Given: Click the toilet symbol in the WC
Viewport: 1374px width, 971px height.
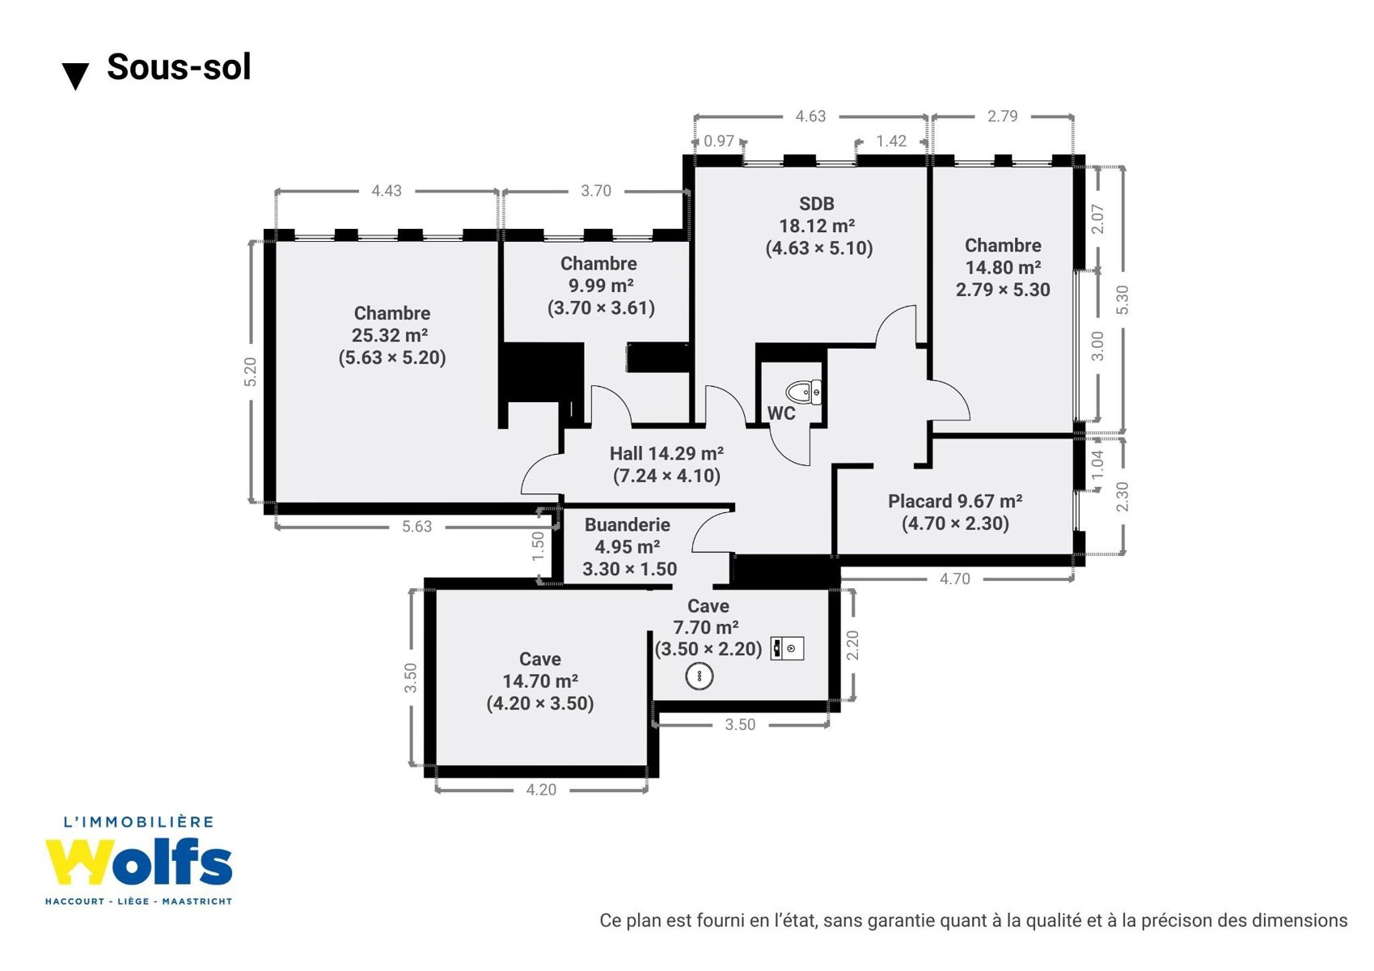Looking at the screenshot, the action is tap(804, 392).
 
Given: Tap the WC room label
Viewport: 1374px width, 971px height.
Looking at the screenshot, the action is tap(781, 413).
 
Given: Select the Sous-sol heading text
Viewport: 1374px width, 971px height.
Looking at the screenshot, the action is tap(179, 67).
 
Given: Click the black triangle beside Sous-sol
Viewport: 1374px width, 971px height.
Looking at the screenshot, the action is tap(75, 76).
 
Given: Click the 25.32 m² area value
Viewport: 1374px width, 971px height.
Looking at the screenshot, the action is tap(390, 335).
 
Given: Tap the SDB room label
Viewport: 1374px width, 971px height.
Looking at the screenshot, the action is tap(817, 203).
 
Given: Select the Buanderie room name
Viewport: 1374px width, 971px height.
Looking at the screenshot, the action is tap(627, 525).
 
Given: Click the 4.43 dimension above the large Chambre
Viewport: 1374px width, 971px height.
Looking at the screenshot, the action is tap(387, 191).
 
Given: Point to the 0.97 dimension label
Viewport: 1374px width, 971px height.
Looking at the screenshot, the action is tap(719, 141).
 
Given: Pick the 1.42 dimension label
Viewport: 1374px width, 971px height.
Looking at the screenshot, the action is tap(891, 141).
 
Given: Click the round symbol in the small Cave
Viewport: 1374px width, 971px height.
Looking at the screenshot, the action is tap(700, 676).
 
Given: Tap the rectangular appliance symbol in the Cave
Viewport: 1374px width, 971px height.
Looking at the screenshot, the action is tap(787, 648).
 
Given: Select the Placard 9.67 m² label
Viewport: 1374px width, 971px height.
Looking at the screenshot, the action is tap(955, 502).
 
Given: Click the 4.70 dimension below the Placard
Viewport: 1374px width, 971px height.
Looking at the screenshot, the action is tap(955, 579).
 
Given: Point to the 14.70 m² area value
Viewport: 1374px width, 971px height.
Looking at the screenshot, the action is tap(540, 681).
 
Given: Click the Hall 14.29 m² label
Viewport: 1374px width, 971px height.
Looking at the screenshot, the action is tap(666, 454).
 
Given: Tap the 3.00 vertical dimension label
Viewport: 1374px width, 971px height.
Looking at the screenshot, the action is tap(1098, 346).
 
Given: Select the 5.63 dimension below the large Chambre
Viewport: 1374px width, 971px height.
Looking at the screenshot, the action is tap(417, 527).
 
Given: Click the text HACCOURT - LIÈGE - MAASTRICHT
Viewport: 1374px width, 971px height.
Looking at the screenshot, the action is tap(139, 901).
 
